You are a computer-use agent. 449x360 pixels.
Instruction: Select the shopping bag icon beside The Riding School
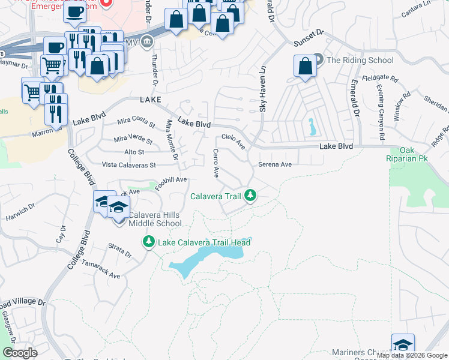(305, 67)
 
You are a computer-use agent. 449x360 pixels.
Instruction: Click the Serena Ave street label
(274, 164)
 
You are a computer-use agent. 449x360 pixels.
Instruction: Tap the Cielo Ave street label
(234, 141)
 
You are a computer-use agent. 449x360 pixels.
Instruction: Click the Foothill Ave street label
(171, 182)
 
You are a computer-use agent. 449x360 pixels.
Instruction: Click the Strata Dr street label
(119, 250)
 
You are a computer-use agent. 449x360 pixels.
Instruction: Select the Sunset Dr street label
(309, 40)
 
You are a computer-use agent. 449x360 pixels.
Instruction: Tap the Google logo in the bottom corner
(20, 352)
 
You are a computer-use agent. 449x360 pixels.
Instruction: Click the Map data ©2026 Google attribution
(412, 355)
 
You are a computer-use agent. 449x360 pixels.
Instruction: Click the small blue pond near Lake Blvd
(311, 127)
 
